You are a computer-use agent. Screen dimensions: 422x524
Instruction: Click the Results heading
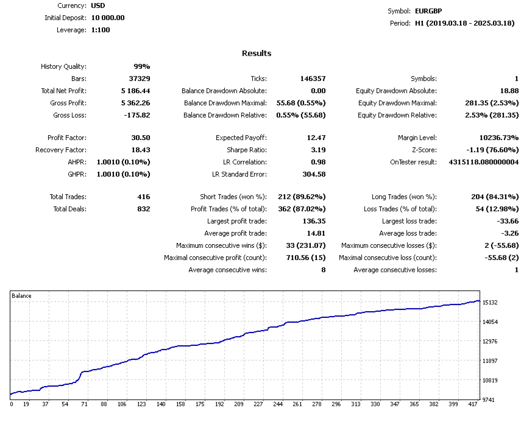257,53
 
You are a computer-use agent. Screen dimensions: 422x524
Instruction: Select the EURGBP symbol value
430,11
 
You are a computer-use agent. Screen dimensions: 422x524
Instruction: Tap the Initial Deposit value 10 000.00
108,18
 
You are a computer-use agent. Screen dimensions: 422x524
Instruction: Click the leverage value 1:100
101,30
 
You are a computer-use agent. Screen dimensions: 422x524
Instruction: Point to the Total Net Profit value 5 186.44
135,91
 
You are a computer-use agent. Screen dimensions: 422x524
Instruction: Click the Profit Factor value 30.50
140,138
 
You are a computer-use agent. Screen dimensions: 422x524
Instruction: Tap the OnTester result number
484,162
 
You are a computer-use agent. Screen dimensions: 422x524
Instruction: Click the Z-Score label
424,150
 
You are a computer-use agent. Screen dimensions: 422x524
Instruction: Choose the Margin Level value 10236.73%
495,138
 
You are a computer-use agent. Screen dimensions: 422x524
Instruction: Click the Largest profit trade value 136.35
313,221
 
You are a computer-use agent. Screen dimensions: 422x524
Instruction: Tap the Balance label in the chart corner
22,295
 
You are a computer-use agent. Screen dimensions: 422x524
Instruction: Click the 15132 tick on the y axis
489,303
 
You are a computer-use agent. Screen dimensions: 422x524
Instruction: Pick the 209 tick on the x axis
239,404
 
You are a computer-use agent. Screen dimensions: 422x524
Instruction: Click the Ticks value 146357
313,79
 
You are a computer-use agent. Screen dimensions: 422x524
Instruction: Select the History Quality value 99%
141,66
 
